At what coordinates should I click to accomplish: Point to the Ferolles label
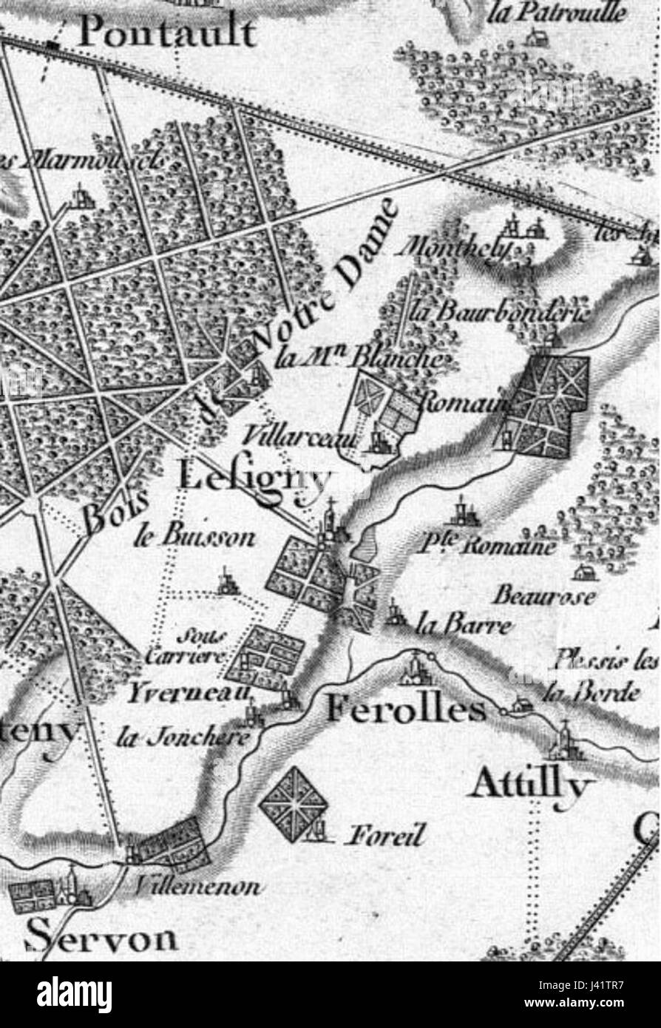(x=406, y=711)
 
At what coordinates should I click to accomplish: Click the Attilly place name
(x=532, y=785)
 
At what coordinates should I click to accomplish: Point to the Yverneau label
(x=189, y=694)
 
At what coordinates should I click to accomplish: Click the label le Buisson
(x=194, y=538)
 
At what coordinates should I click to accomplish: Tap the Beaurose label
(x=543, y=596)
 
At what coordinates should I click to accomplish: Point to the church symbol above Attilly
(x=565, y=742)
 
